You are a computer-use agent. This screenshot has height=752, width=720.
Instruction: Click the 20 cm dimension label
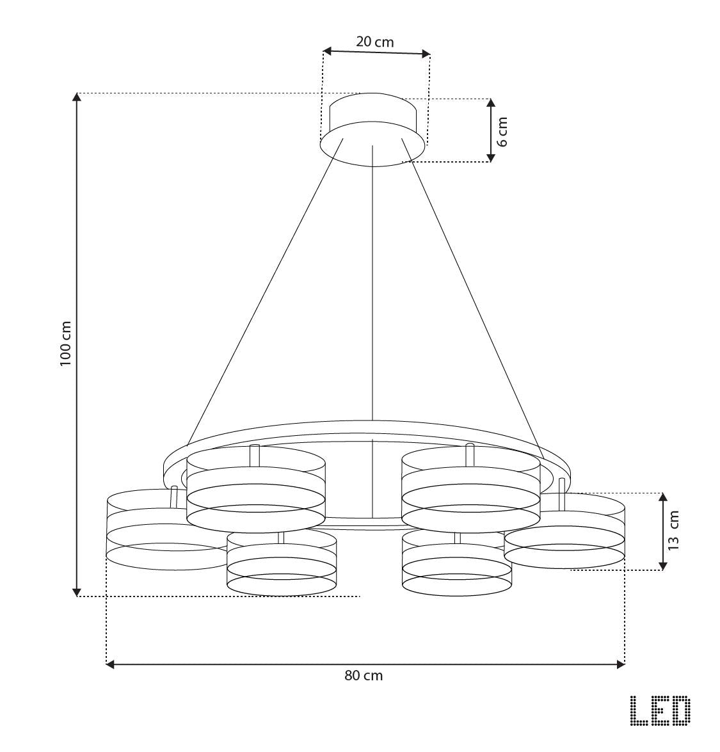[375, 42]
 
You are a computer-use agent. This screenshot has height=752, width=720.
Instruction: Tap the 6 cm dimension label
[503, 131]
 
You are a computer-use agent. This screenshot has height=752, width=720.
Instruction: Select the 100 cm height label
[65, 343]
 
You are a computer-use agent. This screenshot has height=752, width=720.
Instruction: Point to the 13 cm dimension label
[673, 531]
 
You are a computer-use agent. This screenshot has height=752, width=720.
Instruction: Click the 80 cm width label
[364, 676]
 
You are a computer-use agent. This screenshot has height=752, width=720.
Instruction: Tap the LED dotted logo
[660, 711]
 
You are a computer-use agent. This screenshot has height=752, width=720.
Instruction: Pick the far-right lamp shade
[576, 531]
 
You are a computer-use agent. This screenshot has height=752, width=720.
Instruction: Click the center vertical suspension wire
[372, 288]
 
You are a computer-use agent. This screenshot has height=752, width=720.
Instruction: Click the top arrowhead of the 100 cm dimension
[77, 97]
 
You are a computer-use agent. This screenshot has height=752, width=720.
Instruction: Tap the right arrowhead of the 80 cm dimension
[620, 664]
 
